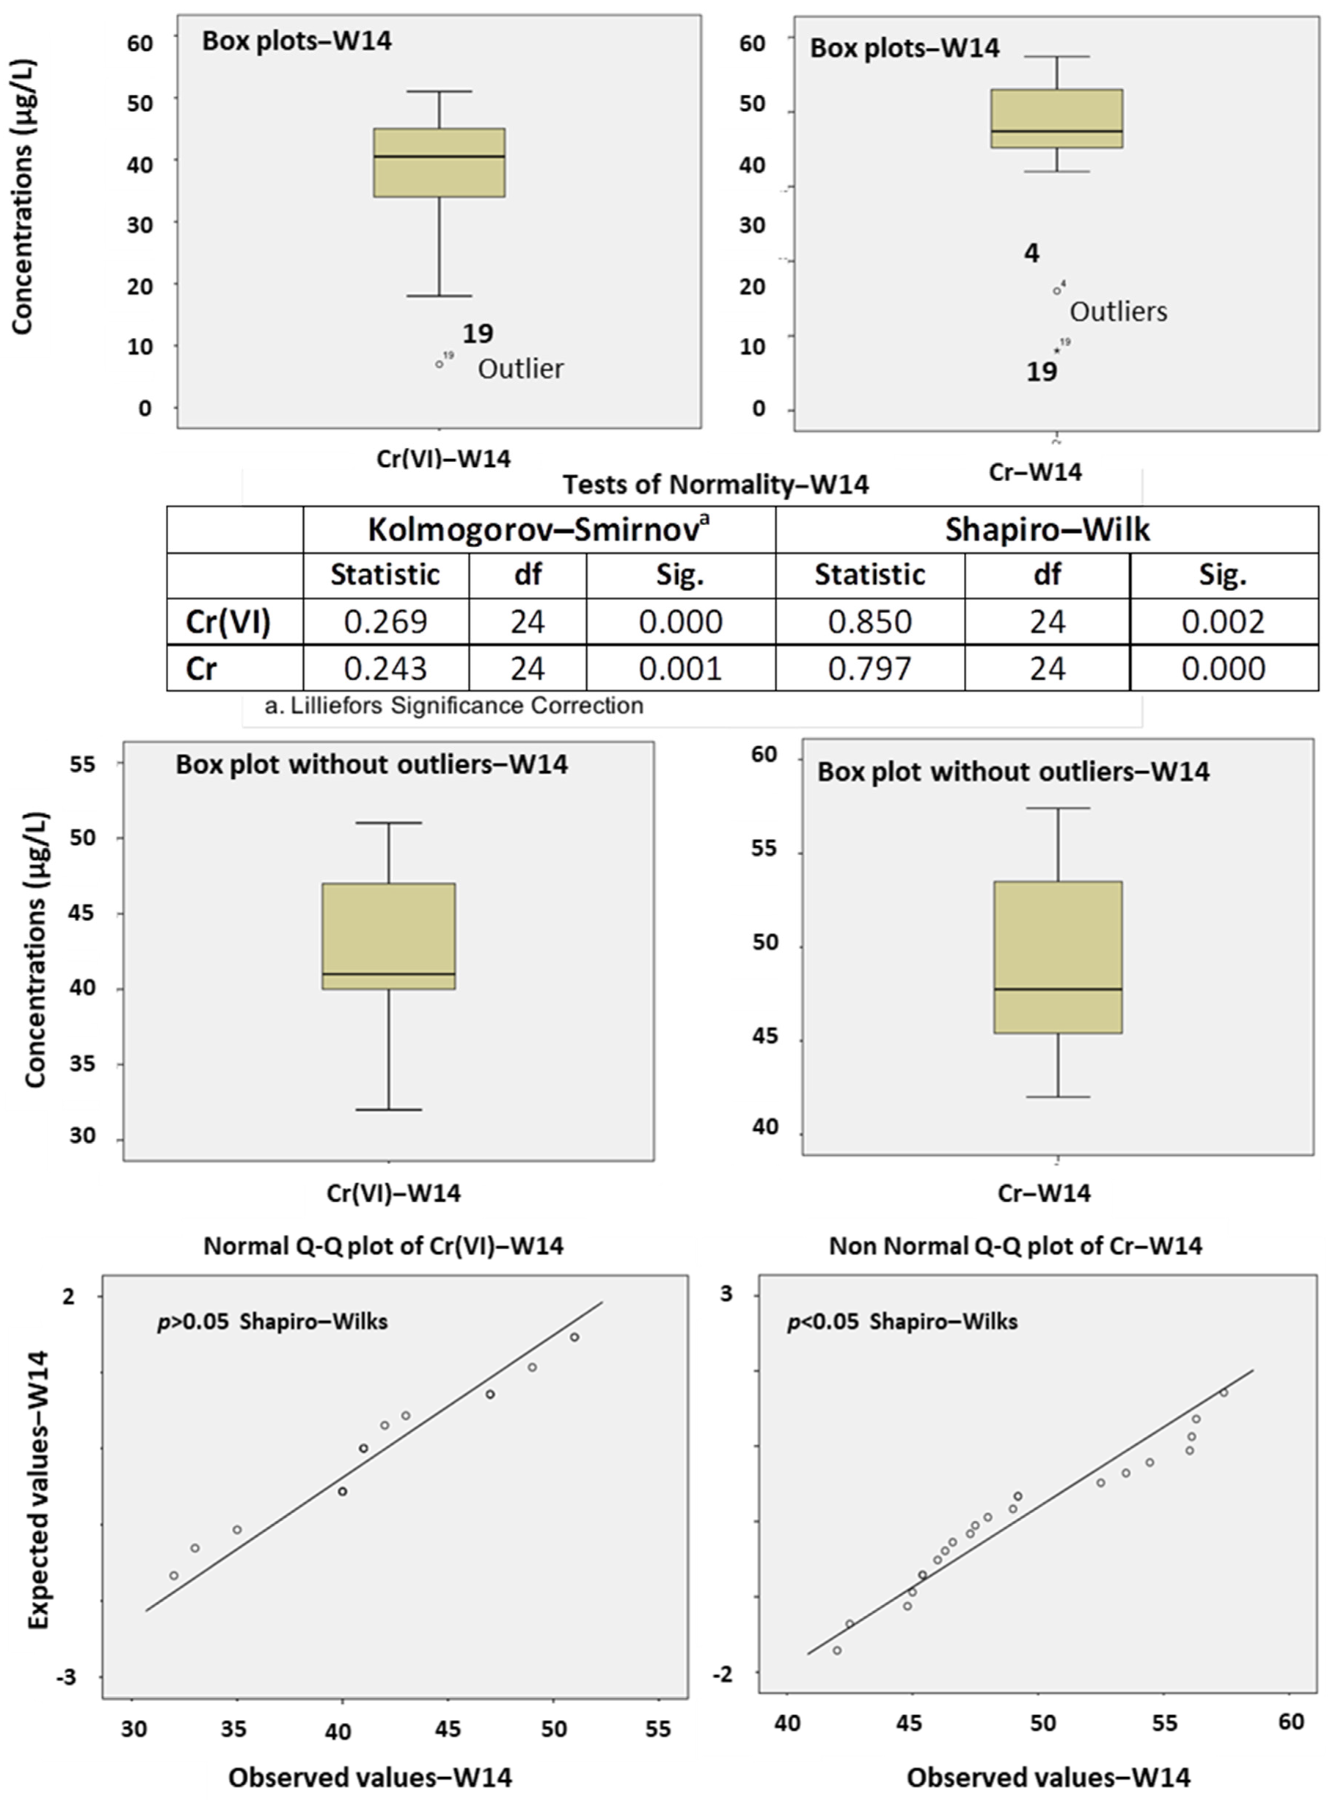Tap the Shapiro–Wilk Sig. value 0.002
coord(1223,622)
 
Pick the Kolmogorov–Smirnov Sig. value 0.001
coord(681,668)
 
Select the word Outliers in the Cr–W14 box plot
coord(1118,312)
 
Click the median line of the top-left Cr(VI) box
coord(439,156)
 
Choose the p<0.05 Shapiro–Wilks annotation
coord(902,1322)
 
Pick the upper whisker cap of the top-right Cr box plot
coord(1056,56)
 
